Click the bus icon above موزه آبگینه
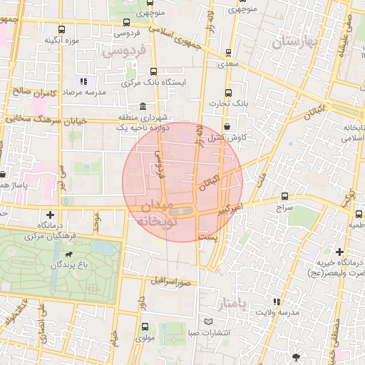62,30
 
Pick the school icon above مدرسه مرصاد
83,82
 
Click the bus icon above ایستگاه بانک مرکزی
154,71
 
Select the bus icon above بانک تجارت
228,93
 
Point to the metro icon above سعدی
228,52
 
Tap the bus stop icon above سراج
285,196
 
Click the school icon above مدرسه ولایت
277,302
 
